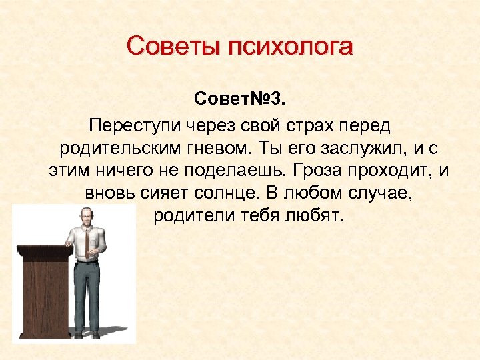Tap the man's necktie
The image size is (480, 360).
pos(87,241)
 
